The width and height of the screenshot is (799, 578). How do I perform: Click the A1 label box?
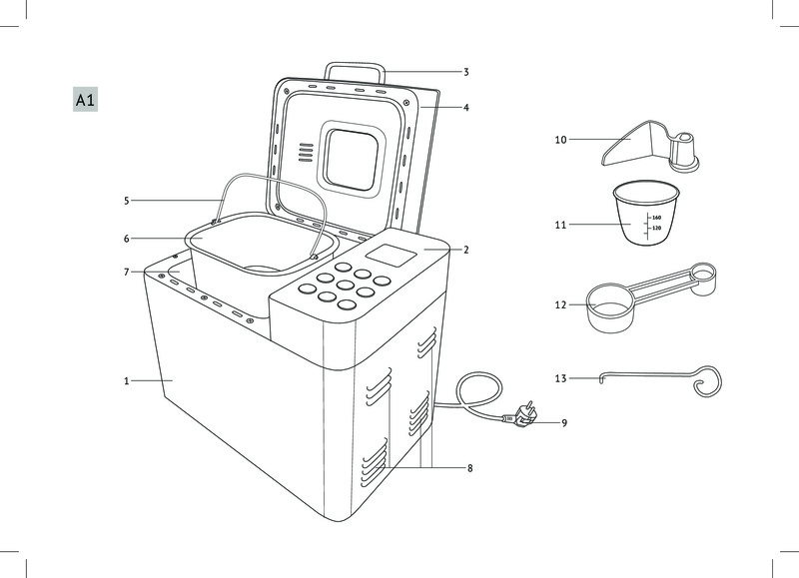84,100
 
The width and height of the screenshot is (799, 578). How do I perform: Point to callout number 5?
127,201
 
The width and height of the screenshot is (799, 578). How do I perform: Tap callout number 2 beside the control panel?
466,250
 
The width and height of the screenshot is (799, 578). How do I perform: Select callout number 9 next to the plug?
563,423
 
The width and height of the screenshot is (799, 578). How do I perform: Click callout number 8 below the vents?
469,467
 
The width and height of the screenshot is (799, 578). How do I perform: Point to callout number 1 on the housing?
127,380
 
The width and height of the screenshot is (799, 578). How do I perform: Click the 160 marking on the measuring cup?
656,217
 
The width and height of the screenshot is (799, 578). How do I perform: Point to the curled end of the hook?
707,381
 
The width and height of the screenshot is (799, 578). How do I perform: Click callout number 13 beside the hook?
561,378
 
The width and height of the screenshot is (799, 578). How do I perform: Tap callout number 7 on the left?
127,272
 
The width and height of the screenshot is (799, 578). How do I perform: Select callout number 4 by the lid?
466,107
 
